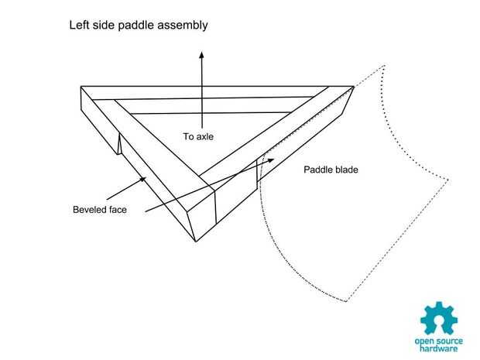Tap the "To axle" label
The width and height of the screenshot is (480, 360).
pos(198,137)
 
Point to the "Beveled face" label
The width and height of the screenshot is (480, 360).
pos(100,208)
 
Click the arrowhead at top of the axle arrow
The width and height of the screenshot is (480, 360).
pos(202,57)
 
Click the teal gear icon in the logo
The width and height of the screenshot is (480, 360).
pos(439,318)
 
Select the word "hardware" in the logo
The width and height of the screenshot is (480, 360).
pos(439,348)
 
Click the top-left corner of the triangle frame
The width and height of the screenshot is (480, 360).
pos(81,87)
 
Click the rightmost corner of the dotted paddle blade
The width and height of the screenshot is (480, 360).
pos(449,181)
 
